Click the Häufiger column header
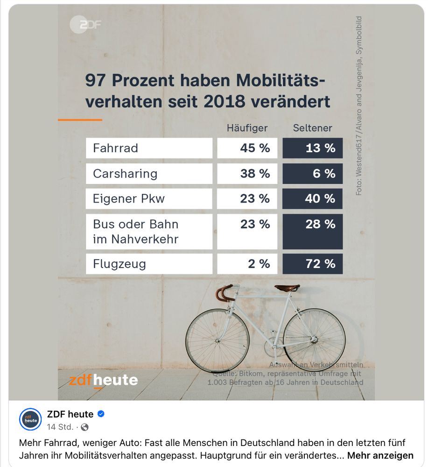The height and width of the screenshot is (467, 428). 247,128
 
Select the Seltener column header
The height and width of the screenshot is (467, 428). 312,128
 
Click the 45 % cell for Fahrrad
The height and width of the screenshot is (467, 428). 247,148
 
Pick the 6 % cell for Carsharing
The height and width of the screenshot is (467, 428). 313,174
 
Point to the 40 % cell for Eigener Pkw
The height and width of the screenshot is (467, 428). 313,199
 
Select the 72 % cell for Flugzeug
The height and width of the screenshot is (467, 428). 313,264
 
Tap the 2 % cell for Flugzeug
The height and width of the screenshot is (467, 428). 247,264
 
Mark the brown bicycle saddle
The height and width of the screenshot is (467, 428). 287,288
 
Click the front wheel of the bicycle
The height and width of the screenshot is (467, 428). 218,339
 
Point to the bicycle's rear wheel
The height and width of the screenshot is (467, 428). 314,339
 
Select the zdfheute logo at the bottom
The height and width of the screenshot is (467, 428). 103,380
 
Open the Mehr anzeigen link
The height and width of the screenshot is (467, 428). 380,455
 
